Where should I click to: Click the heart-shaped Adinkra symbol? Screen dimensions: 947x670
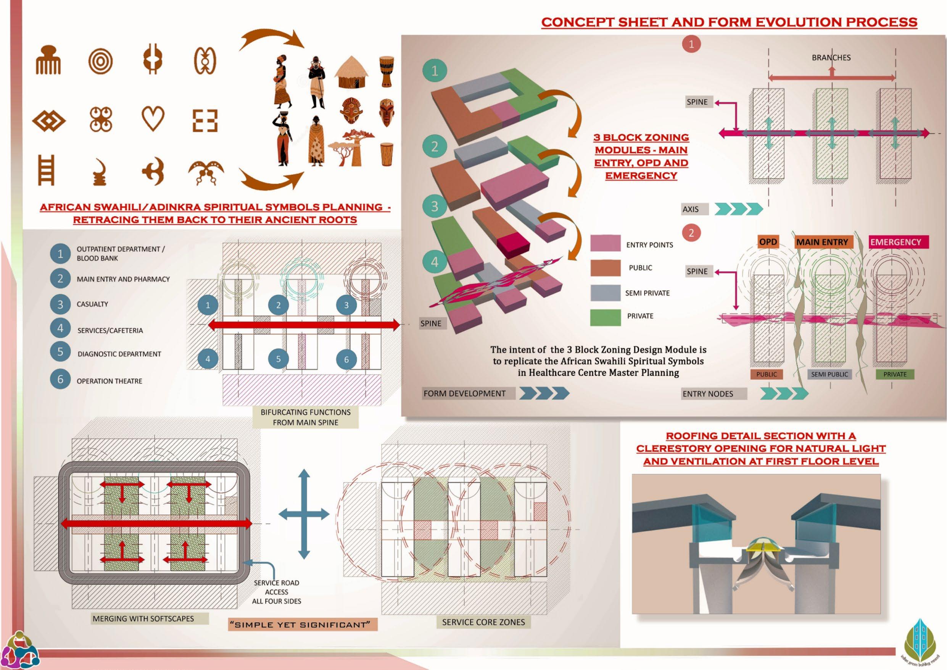pyautogui.click(x=153, y=118)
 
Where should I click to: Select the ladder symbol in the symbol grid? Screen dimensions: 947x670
pyautogui.click(x=46, y=170)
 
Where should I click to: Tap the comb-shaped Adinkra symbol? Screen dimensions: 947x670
pyautogui.click(x=48, y=60)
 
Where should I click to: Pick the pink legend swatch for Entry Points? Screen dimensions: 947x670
pyautogui.click(x=605, y=244)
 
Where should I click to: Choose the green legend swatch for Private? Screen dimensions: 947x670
pyautogui.click(x=605, y=317)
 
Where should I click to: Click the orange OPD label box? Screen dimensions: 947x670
pyautogui.click(x=768, y=242)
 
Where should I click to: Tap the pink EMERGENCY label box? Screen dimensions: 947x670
pyautogui.click(x=895, y=242)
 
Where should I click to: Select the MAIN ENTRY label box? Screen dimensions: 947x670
pyautogui.click(x=822, y=242)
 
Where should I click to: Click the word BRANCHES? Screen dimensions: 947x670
pyautogui.click(x=831, y=58)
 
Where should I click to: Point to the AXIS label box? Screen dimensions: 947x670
pyautogui.click(x=695, y=209)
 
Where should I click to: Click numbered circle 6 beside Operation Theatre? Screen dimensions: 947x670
pyautogui.click(x=60, y=380)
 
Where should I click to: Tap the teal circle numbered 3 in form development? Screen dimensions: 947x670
pyautogui.click(x=434, y=206)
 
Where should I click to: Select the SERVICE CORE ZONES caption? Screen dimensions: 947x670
pyautogui.click(x=483, y=622)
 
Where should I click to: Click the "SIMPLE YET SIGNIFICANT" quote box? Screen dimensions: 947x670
pyautogui.click(x=302, y=625)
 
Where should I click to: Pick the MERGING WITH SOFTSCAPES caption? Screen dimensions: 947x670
pyautogui.click(x=143, y=618)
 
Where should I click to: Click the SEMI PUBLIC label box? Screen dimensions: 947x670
pyautogui.click(x=829, y=374)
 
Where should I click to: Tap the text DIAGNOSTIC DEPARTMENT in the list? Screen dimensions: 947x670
pyautogui.click(x=119, y=354)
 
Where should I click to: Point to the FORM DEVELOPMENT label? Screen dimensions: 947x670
pyautogui.click(x=464, y=393)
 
